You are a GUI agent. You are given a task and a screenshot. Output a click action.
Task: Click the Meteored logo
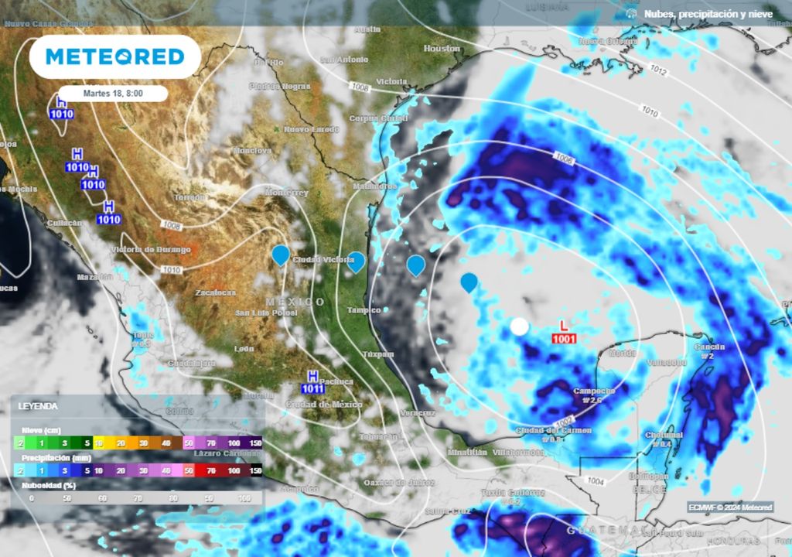pyautogui.click(x=114, y=56)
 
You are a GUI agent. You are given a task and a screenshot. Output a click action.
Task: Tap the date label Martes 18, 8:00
pyautogui.click(x=114, y=93)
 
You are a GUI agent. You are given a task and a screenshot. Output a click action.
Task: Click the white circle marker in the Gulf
pyautogui.click(x=519, y=326)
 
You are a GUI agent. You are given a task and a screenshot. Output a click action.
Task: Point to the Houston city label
pyautogui.click(x=442, y=49)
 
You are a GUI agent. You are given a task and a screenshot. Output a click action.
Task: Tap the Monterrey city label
pyautogui.click(x=286, y=192)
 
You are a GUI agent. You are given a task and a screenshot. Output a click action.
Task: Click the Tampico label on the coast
pyautogui.click(x=364, y=310)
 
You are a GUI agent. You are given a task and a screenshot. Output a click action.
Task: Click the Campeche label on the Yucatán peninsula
pyautogui.click(x=593, y=391)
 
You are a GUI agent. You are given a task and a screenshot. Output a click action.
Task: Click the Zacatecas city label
pyautogui.click(x=215, y=293)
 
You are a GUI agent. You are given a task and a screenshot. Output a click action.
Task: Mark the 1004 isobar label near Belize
pyautogui.click(x=596, y=480)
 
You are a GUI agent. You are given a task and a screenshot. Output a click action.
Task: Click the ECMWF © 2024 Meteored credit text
pyautogui.click(x=730, y=507)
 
